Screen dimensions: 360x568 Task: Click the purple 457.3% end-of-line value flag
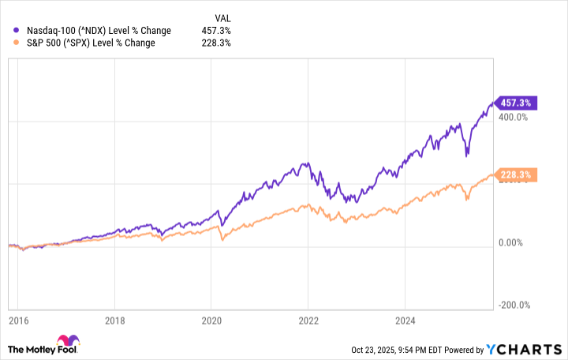(514, 103)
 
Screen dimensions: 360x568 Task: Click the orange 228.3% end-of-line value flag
(514, 174)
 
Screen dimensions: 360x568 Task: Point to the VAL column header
(223, 17)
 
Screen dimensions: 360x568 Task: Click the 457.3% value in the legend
(215, 30)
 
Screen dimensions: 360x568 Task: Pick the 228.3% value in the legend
(215, 43)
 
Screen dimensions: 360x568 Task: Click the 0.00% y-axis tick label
(512, 243)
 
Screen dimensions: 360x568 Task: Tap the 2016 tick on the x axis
(17, 321)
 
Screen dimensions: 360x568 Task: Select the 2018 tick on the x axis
(114, 321)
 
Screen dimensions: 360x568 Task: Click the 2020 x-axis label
(211, 321)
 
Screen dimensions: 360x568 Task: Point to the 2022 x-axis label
(308, 321)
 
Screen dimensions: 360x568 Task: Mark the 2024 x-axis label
(404, 321)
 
